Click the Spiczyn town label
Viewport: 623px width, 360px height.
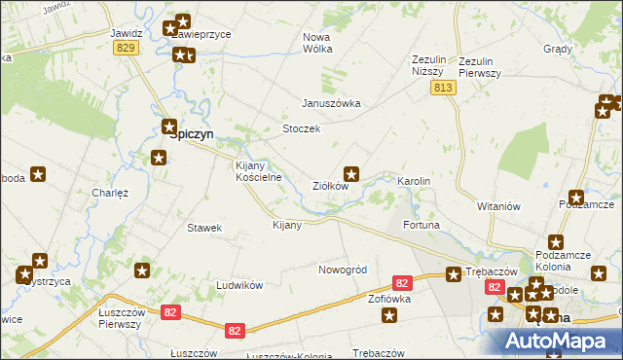pyautogui.click(x=192, y=136)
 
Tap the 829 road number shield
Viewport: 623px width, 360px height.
pyautogui.click(x=125, y=48)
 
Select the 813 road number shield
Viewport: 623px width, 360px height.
pyautogui.click(x=443, y=88)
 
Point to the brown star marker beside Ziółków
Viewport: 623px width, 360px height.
pyautogui.click(x=353, y=175)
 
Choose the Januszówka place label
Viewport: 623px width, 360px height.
pyautogui.click(x=331, y=103)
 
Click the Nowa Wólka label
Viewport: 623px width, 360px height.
pyautogui.click(x=317, y=43)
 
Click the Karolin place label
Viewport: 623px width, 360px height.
pyautogui.click(x=413, y=182)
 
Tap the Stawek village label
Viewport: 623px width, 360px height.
pyautogui.click(x=204, y=228)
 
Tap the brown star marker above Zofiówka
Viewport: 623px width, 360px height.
pyautogui.click(x=390, y=314)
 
